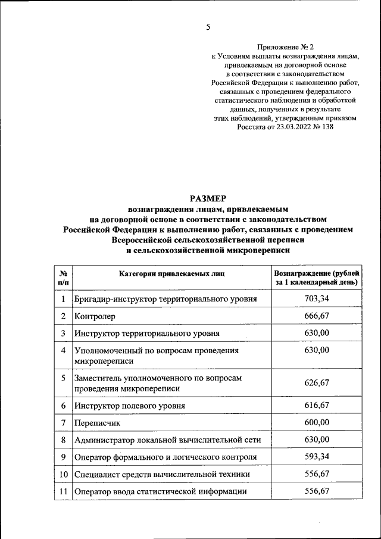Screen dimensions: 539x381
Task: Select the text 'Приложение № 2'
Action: pyautogui.click(x=285, y=46)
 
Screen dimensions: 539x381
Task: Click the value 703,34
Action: pyautogui.click(x=316, y=298)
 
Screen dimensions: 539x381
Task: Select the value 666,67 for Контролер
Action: pyautogui.click(x=316, y=316)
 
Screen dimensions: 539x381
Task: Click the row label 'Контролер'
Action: pyautogui.click(x=95, y=316)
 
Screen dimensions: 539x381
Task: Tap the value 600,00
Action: pyautogui.click(x=316, y=422)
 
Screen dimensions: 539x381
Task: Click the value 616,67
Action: pyautogui.click(x=316, y=405)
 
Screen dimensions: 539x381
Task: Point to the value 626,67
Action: pyautogui.click(x=316, y=383)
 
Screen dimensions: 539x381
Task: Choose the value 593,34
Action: pyautogui.click(x=316, y=457)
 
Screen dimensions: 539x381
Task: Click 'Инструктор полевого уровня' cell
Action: pyautogui.click(x=130, y=406)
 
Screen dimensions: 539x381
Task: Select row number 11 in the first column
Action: pyautogui.click(x=63, y=491)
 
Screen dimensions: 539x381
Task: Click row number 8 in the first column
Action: pyautogui.click(x=63, y=440)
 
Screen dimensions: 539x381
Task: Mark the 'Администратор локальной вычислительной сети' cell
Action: pyautogui.click(x=167, y=440)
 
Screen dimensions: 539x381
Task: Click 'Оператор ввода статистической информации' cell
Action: pyautogui.click(x=160, y=491)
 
